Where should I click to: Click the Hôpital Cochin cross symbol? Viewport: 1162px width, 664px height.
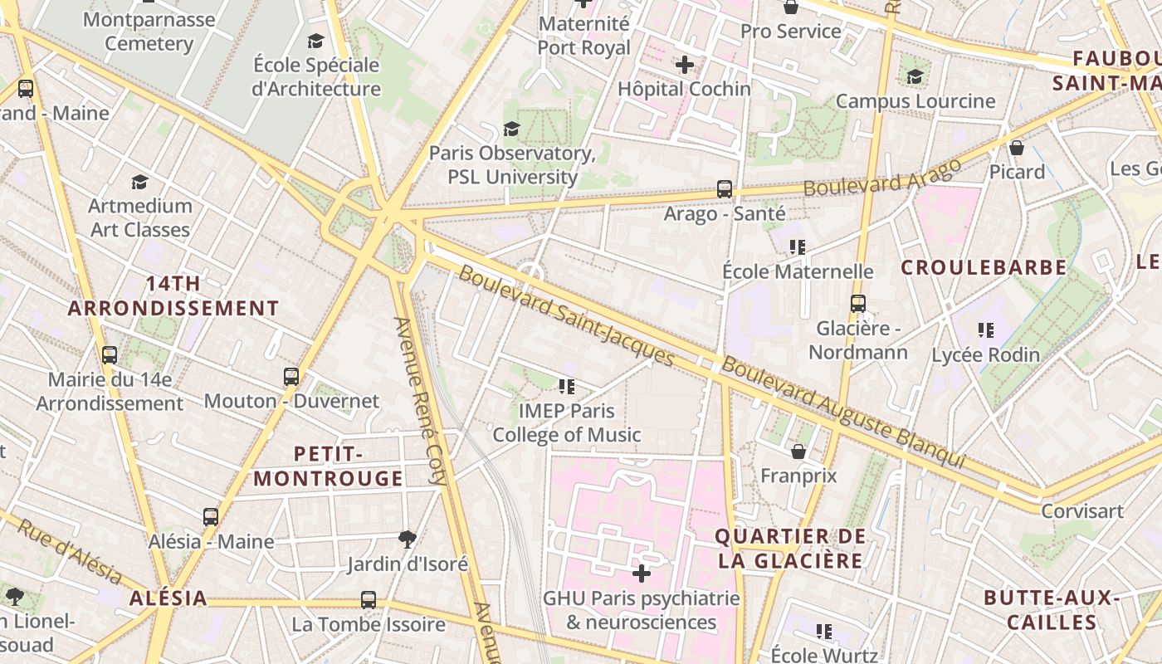click(x=684, y=65)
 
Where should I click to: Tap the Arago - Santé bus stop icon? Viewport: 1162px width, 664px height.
click(x=725, y=189)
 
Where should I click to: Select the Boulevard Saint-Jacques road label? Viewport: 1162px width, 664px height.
click(x=566, y=315)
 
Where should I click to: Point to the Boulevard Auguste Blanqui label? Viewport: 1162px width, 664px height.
click(x=843, y=413)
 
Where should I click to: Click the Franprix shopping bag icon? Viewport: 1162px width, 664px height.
click(x=798, y=452)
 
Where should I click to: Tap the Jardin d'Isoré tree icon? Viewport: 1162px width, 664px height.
click(x=407, y=539)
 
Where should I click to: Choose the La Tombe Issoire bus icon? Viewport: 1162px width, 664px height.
click(x=368, y=599)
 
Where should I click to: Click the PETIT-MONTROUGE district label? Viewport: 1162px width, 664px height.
click(x=328, y=466)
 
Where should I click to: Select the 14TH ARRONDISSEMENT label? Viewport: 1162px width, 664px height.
click(x=173, y=295)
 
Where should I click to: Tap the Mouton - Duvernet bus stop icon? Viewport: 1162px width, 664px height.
click(x=290, y=377)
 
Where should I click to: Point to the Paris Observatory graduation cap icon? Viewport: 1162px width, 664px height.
click(x=511, y=129)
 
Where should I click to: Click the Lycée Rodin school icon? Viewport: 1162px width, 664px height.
click(x=985, y=330)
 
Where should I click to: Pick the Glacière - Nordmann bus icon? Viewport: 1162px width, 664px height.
click(x=858, y=304)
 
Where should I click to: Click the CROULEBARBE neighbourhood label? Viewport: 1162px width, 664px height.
click(x=984, y=267)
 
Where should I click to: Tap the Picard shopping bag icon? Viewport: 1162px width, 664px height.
click(x=1017, y=148)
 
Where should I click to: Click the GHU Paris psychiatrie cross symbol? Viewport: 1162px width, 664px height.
click(x=641, y=574)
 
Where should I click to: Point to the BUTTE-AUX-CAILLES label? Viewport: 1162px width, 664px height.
click(x=1052, y=610)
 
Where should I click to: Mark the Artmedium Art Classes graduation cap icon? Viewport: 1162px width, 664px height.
click(x=139, y=182)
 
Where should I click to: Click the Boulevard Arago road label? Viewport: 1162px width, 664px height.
click(x=882, y=178)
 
